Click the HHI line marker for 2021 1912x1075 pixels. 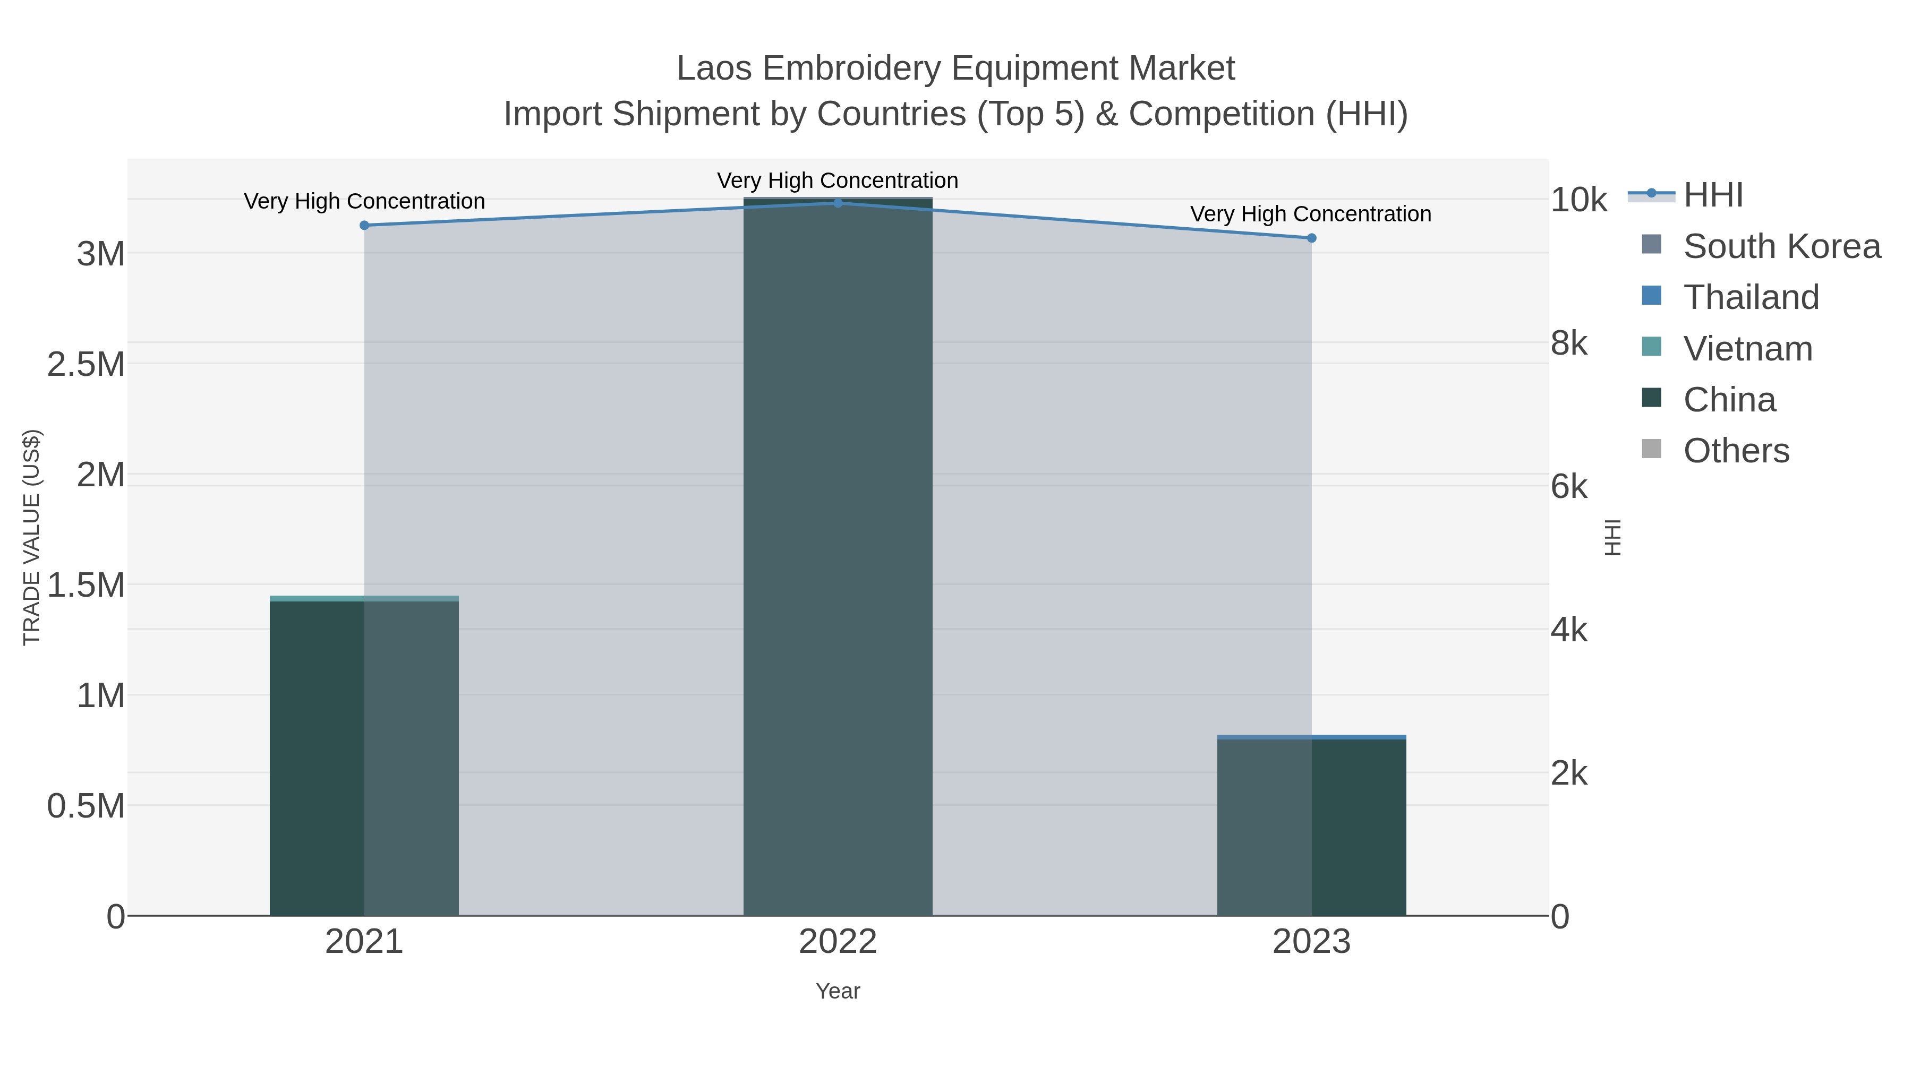pos(364,226)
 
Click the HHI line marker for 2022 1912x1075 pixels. pos(838,203)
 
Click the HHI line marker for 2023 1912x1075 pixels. pos(1311,238)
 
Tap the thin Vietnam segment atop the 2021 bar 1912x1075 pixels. pos(364,598)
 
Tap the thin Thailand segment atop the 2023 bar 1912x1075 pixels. pos(1311,737)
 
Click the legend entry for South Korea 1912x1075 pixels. pos(1781,246)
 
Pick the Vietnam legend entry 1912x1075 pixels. pos(1747,349)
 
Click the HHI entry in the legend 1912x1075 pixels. pos(1713,195)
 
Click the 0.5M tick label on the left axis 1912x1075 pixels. pos(86,806)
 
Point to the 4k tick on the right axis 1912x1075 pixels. pos(1569,631)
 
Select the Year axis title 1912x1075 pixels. pos(838,991)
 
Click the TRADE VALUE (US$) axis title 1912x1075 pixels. pos(32,537)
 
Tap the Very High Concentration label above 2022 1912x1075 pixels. pos(838,181)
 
